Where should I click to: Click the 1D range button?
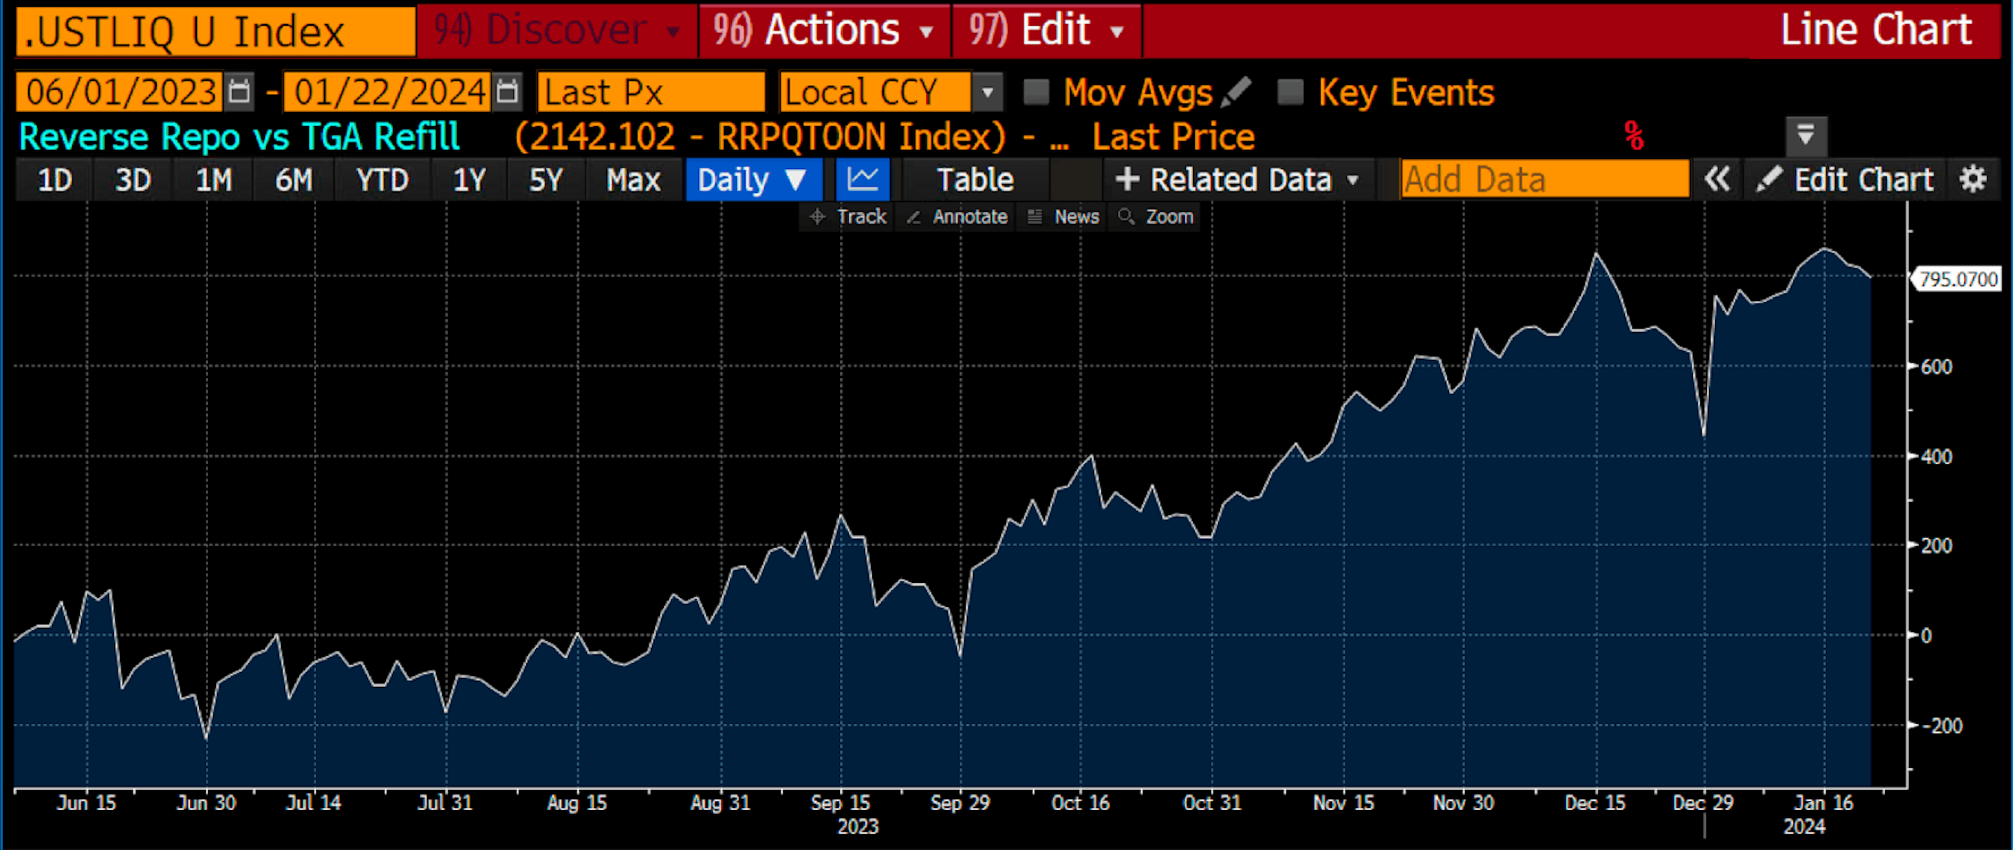[55, 180]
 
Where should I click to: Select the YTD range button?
[382, 180]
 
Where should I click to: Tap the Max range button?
[633, 180]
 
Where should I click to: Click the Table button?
[975, 180]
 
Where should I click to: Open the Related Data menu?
[1239, 180]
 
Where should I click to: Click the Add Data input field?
[1543, 180]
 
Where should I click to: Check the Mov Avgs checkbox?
[1036, 92]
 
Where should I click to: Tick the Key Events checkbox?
[1290, 92]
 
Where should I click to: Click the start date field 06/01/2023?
[121, 92]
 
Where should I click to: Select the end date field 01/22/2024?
[389, 92]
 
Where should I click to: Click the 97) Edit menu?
[1046, 31]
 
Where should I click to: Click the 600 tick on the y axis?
[1935, 366]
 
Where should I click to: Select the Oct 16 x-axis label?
[1080, 803]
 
